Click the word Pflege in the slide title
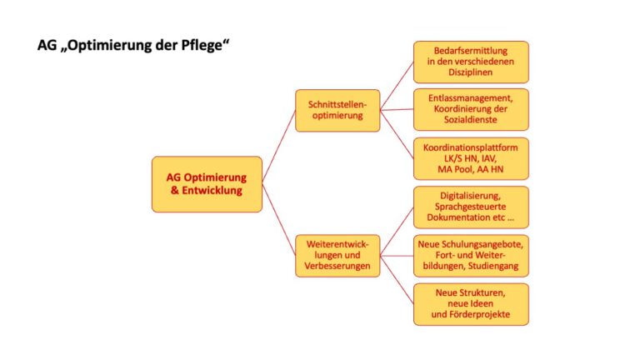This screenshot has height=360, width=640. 205,45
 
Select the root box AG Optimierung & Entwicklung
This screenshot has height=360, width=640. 207,184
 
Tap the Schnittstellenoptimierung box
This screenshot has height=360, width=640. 337,110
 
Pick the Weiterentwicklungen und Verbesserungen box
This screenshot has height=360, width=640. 337,256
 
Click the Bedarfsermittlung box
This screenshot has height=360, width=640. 471,62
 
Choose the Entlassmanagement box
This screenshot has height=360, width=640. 471,109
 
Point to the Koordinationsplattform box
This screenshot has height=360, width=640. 471,159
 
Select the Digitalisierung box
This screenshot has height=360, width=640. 471,207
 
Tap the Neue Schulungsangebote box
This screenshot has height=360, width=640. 471,256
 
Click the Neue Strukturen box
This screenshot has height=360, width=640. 471,304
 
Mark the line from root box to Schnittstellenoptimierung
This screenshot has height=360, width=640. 279,146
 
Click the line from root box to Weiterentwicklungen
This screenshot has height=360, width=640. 279,220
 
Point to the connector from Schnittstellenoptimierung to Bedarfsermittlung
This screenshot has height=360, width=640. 397,86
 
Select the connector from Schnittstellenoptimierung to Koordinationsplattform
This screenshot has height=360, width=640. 397,134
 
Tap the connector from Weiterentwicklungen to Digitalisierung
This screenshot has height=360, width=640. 397,232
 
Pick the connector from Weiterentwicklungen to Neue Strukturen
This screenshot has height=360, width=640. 397,280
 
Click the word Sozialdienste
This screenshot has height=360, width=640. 471,120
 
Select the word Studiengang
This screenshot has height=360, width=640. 493,266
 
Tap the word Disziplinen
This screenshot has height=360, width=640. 471,72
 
